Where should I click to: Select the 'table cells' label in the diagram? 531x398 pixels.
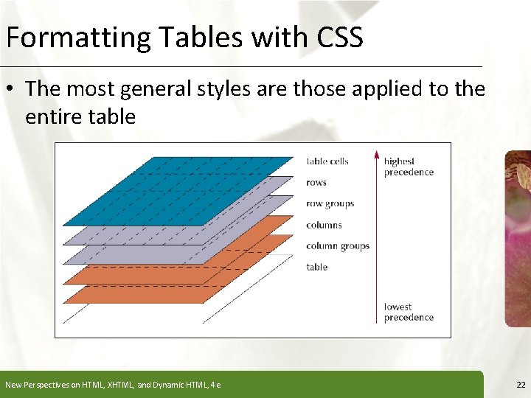pyautogui.click(x=327, y=161)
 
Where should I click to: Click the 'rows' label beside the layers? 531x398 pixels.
pyautogui.click(x=316, y=183)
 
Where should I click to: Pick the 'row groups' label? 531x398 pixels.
pyautogui.click(x=330, y=204)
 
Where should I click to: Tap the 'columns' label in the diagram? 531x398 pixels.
pyautogui.click(x=324, y=225)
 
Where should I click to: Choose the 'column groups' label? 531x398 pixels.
pyautogui.click(x=338, y=246)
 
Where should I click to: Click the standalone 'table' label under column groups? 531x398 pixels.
pyautogui.click(x=317, y=267)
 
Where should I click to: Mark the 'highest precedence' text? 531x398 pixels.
pyautogui.click(x=409, y=167)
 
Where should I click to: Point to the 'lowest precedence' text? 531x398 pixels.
pyautogui.click(x=409, y=312)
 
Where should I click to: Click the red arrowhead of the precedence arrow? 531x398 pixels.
pyautogui.click(x=376, y=156)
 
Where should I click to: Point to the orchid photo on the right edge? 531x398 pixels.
pyautogui.click(x=518, y=236)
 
